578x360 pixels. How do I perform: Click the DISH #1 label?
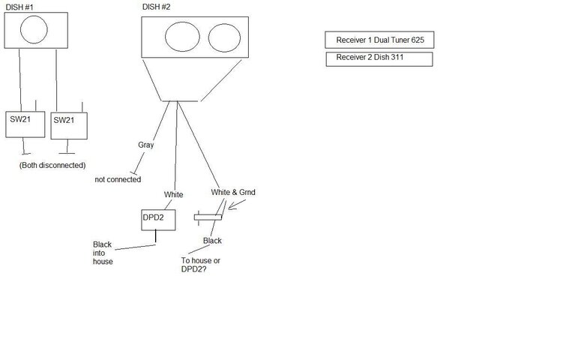[x=19, y=7]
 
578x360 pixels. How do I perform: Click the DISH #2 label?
[x=156, y=7]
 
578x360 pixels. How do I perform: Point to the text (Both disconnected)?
[x=52, y=165]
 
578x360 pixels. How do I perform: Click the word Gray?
[x=146, y=145]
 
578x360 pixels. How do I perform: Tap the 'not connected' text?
[x=118, y=180]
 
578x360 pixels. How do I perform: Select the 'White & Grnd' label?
[x=233, y=192]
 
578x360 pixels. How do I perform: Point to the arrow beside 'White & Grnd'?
[x=237, y=205]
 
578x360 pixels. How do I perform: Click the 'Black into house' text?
[x=103, y=253]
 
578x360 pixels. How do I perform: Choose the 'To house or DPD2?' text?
[x=200, y=265]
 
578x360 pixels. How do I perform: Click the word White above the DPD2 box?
[x=174, y=195]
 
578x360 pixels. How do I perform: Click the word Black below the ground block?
[x=212, y=241]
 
